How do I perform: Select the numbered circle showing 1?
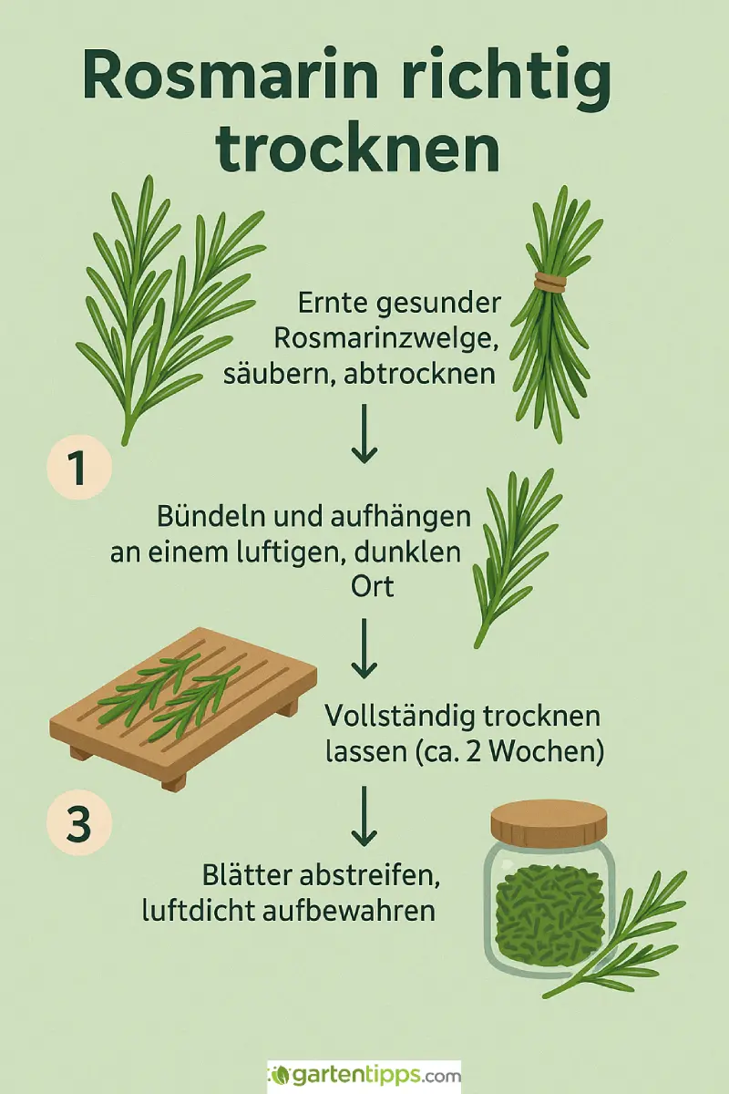(79, 469)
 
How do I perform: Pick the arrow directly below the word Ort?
(364, 648)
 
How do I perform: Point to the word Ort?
(372, 586)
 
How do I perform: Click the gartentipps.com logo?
(364, 1076)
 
